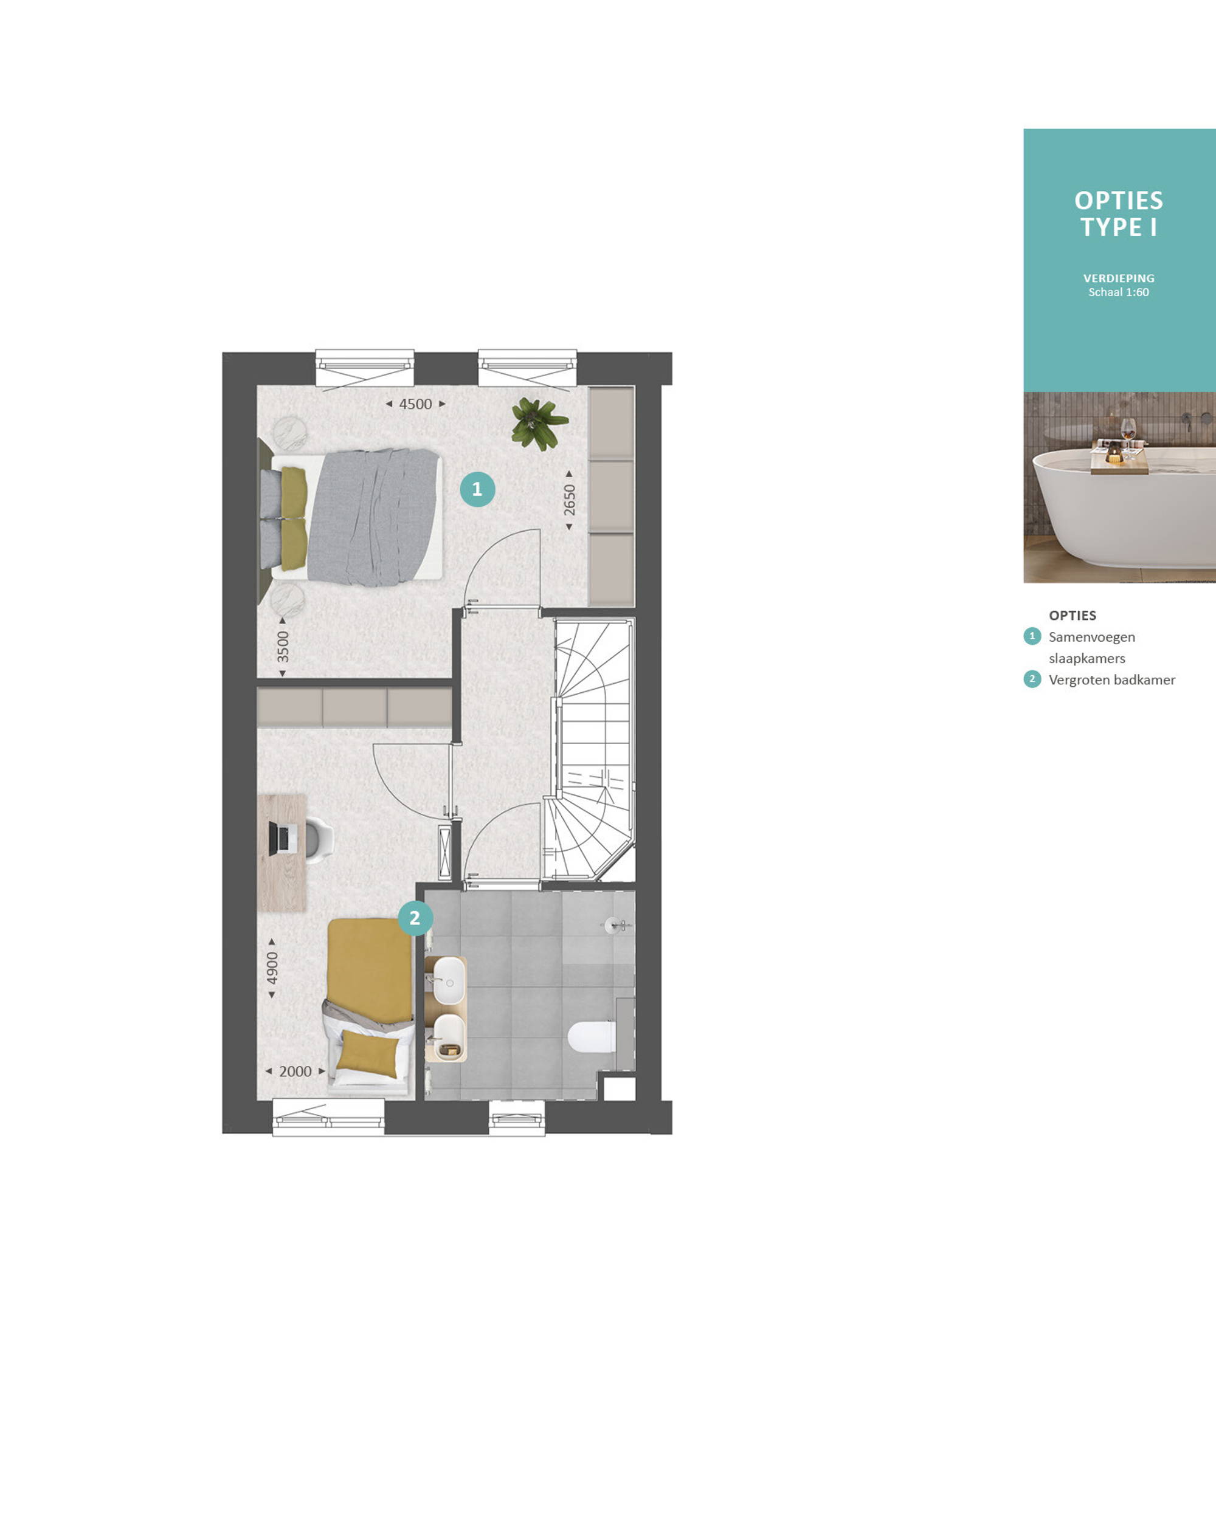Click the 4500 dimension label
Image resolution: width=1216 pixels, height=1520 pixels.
[415, 404]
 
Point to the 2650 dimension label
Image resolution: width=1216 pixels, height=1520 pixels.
[569, 500]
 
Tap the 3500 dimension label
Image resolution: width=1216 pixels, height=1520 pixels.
[283, 647]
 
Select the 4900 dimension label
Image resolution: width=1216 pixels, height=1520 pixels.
[272, 968]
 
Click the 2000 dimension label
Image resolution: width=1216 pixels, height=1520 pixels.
[295, 1071]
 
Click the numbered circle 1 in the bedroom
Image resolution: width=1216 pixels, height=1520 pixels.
[477, 489]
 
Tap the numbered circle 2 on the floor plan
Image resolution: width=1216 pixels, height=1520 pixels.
[415, 918]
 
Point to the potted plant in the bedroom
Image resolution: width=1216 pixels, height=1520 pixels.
[539, 423]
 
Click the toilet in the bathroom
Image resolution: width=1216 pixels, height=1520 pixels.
[592, 1037]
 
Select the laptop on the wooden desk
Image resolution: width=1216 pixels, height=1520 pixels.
[281, 837]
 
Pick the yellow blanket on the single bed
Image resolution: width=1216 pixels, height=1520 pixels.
[370, 970]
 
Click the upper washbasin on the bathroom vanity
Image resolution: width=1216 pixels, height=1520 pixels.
[449, 980]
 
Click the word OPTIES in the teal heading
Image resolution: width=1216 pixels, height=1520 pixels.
[1119, 201]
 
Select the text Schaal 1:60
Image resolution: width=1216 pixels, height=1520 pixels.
[1119, 292]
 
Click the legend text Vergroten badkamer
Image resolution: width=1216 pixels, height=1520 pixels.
[1111, 679]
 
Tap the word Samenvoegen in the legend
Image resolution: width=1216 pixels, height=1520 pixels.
[1092, 636]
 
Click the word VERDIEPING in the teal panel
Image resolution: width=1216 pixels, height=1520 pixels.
[1119, 278]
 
